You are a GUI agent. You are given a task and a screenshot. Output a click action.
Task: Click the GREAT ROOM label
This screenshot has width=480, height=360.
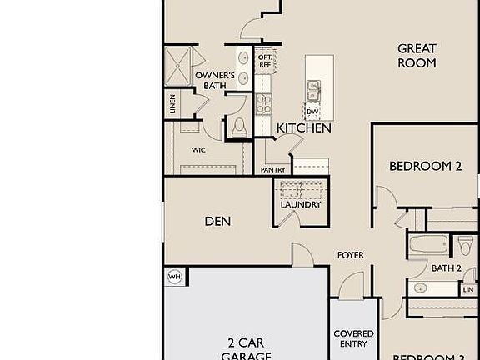tap(417, 56)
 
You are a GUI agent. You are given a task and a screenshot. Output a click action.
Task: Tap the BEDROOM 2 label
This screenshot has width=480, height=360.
tap(425, 166)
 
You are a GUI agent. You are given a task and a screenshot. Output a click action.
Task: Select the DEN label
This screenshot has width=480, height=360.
tap(217, 222)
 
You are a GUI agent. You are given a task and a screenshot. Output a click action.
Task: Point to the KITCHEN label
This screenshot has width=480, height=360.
tap(304, 128)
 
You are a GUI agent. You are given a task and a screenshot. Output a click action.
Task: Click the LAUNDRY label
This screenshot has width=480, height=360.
tap(301, 204)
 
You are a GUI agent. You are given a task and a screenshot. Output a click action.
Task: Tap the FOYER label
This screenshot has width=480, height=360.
tap(350, 255)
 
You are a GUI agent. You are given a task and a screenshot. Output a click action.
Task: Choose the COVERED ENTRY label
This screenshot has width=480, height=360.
tap(353, 338)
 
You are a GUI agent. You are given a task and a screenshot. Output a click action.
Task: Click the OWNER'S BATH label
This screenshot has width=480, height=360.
tap(212, 80)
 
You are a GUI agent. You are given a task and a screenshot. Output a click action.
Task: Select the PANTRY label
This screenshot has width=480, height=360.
tap(273, 170)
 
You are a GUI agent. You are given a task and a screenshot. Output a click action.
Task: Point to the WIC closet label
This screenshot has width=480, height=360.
tap(198, 151)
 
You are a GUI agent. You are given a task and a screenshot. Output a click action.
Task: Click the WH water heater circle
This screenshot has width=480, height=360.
tap(175, 277)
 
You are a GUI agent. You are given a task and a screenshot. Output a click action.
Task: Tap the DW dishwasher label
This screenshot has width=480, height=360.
tap(312, 111)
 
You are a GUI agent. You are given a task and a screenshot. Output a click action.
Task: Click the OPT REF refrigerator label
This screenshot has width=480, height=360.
tap(264, 61)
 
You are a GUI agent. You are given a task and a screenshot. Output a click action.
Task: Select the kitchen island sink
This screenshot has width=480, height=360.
tap(314, 87)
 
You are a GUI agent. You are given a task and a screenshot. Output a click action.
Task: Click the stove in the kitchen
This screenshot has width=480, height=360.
tap(264, 104)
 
